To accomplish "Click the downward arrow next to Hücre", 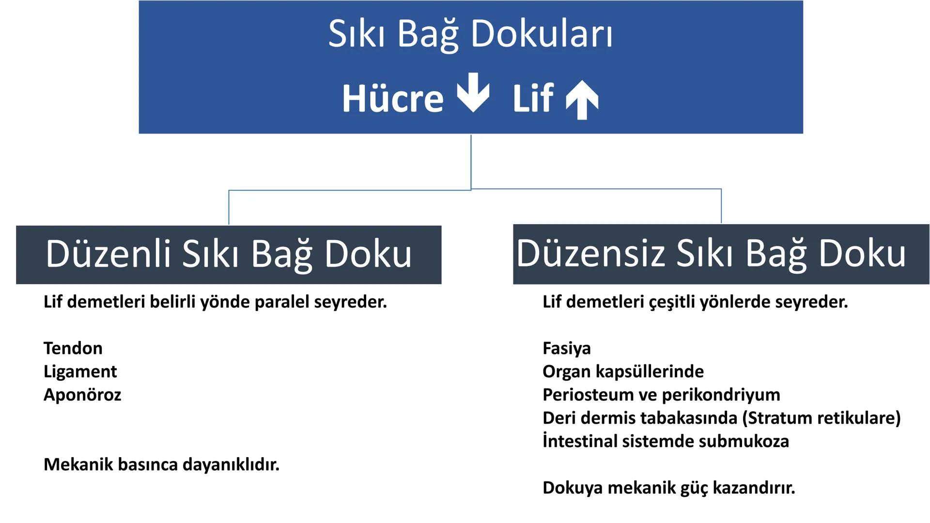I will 473,92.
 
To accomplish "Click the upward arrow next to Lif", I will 582,100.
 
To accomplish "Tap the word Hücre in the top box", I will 393,99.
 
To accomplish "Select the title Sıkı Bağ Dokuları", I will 470,35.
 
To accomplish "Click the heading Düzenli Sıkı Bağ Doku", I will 229,254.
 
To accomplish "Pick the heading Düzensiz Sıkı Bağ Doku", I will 711,254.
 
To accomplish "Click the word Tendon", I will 73,348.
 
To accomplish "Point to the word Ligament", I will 80,371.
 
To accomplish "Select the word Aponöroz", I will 82,395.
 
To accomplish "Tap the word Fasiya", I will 567,348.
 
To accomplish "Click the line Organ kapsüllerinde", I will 623,371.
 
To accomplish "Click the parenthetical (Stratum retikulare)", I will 824,418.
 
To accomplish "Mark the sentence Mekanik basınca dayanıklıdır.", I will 161,464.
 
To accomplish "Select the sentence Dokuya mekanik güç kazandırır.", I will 668,488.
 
